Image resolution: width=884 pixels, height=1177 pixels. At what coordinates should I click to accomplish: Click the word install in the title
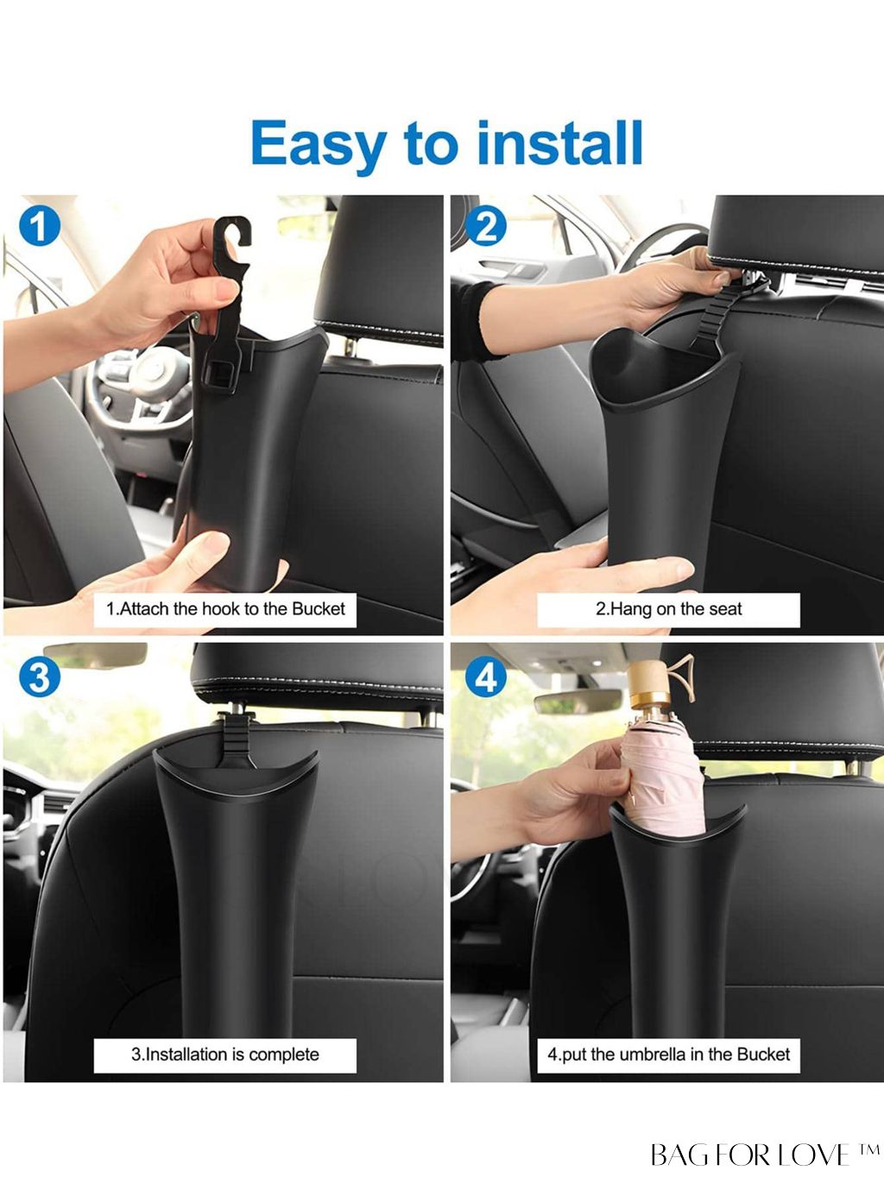pos(559,142)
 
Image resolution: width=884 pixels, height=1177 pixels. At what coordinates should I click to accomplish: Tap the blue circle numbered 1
pos(39,227)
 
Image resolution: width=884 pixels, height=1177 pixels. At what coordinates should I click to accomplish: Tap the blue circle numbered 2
pos(485,227)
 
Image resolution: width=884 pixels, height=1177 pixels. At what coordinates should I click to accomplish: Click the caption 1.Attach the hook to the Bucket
pos(225,609)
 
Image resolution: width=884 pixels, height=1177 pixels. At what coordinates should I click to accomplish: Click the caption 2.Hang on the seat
pos(668,609)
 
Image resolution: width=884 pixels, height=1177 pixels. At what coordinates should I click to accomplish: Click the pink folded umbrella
pos(664,777)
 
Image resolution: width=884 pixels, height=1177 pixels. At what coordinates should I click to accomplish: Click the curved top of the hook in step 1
pos(231,231)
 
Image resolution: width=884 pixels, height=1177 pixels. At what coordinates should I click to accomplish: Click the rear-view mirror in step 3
pos(95,655)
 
